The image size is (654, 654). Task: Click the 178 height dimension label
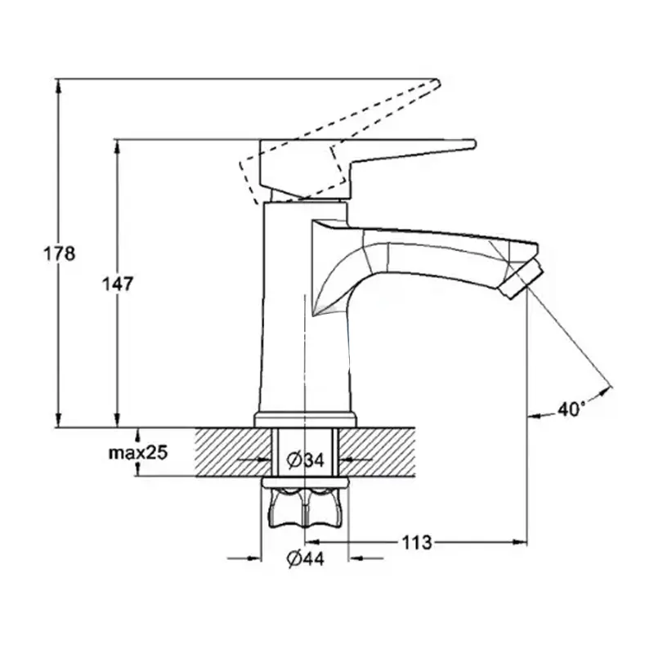(x=60, y=253)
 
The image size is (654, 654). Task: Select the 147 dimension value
(x=118, y=284)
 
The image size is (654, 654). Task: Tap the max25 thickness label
(x=138, y=452)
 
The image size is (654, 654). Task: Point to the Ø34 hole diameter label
(x=306, y=460)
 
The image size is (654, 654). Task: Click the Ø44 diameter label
(x=306, y=559)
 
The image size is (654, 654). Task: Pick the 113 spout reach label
(x=417, y=543)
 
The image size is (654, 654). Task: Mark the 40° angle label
(x=571, y=410)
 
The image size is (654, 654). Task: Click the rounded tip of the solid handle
(x=474, y=144)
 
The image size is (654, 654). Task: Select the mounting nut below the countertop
(x=305, y=504)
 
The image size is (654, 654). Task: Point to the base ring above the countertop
(x=305, y=419)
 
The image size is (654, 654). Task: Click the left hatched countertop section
(x=233, y=452)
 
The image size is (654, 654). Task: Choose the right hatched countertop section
(x=377, y=452)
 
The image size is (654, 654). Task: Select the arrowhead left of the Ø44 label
(x=254, y=558)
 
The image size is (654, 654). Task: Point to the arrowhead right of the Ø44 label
(x=356, y=558)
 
